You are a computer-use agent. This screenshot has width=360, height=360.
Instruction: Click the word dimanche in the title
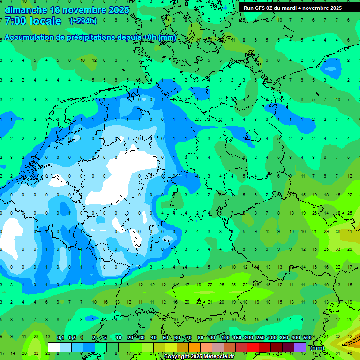click(26, 10)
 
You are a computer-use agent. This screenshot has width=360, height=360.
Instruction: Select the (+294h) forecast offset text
click(83, 21)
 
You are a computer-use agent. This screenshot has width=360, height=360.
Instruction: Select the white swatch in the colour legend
click(54, 347)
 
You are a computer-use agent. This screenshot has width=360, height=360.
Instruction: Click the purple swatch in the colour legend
click(300, 347)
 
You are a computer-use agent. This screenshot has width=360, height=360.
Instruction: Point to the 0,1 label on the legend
click(60, 338)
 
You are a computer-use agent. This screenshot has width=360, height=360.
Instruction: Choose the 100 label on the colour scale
click(225, 338)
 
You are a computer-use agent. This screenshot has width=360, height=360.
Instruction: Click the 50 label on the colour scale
click(165, 338)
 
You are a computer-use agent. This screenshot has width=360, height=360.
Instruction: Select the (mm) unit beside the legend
click(317, 348)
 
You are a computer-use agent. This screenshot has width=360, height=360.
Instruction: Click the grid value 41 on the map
click(350, 232)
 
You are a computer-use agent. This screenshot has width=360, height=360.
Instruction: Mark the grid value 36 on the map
click(338, 232)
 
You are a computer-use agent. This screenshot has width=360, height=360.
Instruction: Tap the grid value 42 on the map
click(350, 337)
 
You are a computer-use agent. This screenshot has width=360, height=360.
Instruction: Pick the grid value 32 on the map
click(36, 353)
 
